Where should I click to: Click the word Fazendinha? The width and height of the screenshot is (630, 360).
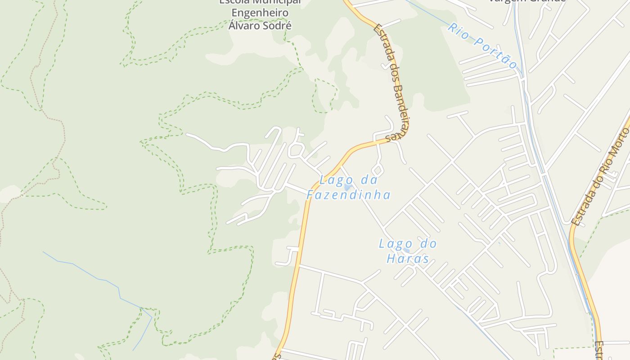348,195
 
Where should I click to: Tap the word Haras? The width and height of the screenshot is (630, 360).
408,259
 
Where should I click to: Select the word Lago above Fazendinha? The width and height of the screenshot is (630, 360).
333,180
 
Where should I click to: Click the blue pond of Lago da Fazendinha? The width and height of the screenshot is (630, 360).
348,187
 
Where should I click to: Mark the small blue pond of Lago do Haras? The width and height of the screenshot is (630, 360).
407,251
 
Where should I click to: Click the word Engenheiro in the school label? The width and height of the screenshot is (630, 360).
259,13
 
